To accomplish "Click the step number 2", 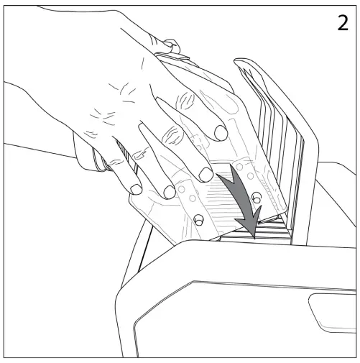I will (341, 23).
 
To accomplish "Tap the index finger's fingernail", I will (221, 131).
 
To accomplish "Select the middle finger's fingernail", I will (206, 174).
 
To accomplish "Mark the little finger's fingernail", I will (136, 188).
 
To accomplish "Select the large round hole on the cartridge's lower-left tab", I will (199, 219).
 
